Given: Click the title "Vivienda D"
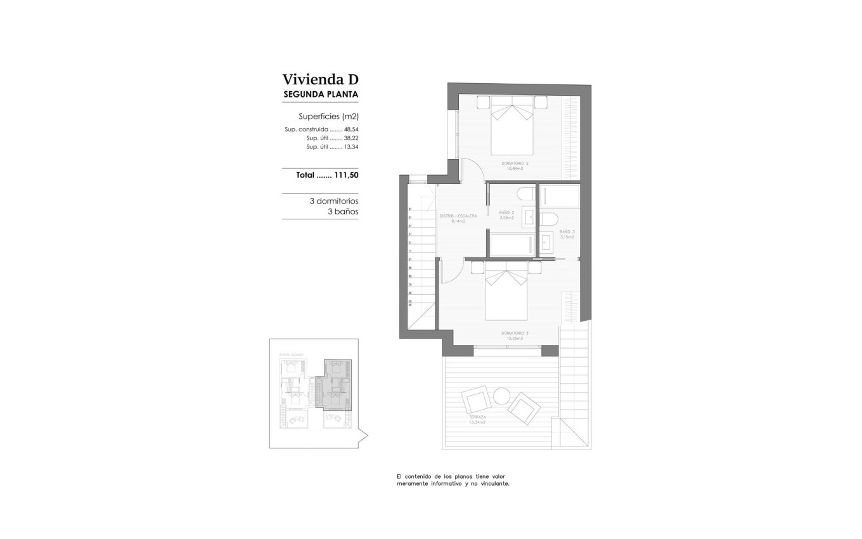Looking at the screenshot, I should [320, 80].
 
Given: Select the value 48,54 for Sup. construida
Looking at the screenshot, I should [351, 129].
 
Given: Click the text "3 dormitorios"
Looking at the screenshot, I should [333, 200].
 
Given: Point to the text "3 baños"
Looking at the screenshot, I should [343, 211].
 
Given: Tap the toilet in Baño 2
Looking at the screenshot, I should [526, 193].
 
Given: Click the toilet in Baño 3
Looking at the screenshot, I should [548, 219].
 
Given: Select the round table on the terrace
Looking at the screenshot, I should [502, 396].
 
